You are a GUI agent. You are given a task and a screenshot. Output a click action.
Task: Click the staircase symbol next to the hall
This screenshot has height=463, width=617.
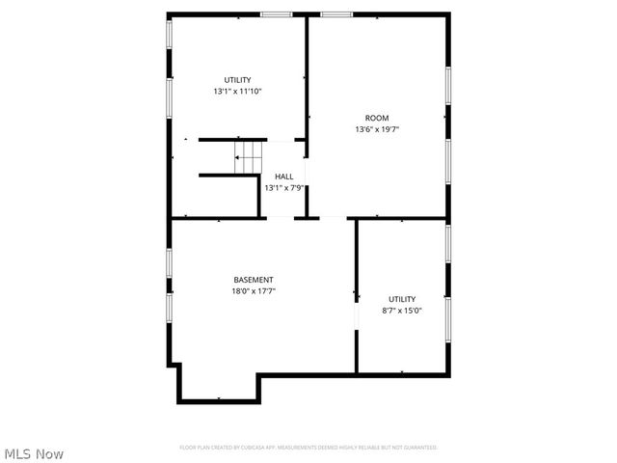coord(249,155)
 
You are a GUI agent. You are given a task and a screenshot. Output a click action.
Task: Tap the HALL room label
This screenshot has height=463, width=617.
coord(284,177)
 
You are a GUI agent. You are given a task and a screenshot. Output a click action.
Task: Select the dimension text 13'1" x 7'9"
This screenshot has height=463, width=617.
coord(284,188)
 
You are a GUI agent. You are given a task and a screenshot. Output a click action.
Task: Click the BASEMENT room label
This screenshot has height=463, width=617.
coord(253,280)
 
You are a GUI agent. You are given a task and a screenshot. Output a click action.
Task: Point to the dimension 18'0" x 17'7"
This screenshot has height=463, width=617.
coord(253,291)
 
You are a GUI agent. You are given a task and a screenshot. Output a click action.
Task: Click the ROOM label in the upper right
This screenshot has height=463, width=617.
coord(376,118)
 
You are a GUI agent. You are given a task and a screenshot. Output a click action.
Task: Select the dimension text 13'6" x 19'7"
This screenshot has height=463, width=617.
coord(376,129)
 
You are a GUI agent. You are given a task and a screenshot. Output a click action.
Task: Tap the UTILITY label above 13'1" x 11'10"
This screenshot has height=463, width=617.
coord(237,79)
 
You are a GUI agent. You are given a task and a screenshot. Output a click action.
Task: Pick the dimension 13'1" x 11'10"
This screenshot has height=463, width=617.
coord(237,91)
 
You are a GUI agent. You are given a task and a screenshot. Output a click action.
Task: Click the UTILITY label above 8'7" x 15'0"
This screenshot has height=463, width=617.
coord(402,299)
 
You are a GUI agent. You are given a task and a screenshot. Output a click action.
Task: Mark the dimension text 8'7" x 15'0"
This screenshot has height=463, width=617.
coord(402,311)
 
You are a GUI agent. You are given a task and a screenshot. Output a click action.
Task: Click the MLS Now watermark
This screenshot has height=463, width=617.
coord(34,453)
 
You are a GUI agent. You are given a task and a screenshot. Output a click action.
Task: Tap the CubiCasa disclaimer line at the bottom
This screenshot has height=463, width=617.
coord(308,448)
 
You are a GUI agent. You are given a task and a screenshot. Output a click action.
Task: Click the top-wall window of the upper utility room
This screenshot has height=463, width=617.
coord(277,14)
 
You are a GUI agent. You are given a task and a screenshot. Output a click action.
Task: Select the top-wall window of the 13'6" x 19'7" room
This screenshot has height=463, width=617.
coord(336,14)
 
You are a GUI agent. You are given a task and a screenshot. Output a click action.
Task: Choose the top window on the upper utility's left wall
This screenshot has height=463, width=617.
coord(170,33)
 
